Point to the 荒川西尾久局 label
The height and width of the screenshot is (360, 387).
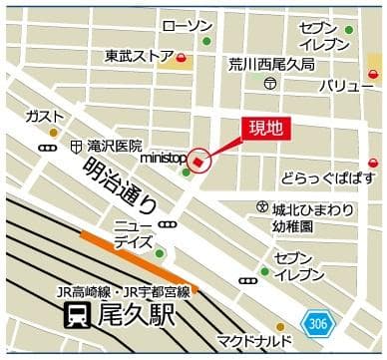pyautogui.click(x=271, y=64)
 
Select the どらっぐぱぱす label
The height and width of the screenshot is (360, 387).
pyautogui.click(x=328, y=177)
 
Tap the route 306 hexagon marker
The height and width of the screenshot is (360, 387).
pyautogui.click(x=314, y=324)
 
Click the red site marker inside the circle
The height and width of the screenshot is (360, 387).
pyautogui.click(x=198, y=161)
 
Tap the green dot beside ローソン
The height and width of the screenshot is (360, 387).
pyautogui.click(x=206, y=41)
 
